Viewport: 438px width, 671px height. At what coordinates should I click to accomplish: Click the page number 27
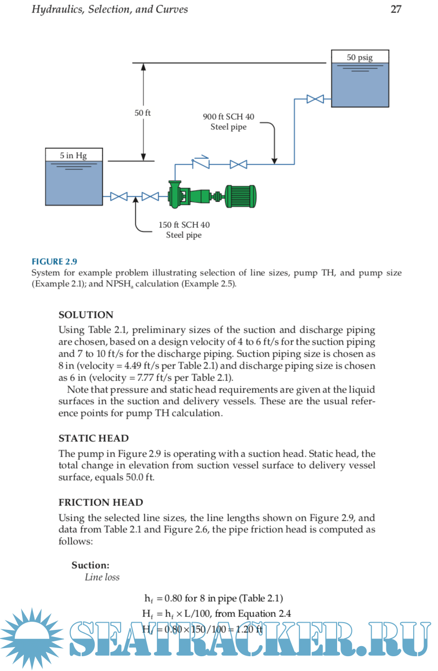(x=395, y=9)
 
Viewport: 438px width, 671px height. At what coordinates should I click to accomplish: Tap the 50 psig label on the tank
(x=360, y=57)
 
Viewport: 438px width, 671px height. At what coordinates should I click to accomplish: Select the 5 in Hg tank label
(x=74, y=156)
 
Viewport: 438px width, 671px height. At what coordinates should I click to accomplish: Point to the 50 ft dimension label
(x=142, y=113)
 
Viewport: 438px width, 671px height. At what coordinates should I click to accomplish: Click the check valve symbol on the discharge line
(x=201, y=163)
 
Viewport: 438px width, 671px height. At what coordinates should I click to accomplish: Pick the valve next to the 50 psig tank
(x=315, y=99)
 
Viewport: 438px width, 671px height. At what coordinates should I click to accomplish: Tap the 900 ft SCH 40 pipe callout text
(x=229, y=122)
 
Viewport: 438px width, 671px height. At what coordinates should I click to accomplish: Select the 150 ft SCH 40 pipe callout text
(x=184, y=230)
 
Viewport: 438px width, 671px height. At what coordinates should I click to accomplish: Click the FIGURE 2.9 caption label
(x=54, y=261)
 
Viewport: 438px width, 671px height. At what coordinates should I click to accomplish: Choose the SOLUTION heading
(x=86, y=315)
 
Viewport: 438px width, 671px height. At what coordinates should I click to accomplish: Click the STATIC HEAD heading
(x=94, y=438)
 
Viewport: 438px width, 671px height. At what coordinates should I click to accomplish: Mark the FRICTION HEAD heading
(x=101, y=503)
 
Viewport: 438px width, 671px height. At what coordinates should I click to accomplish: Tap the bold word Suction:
(x=90, y=565)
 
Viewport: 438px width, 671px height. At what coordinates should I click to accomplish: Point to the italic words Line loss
(x=102, y=577)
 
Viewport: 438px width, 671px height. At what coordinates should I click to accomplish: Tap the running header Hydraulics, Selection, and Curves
(x=110, y=9)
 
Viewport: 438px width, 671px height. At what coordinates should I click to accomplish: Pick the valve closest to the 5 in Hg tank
(x=119, y=196)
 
